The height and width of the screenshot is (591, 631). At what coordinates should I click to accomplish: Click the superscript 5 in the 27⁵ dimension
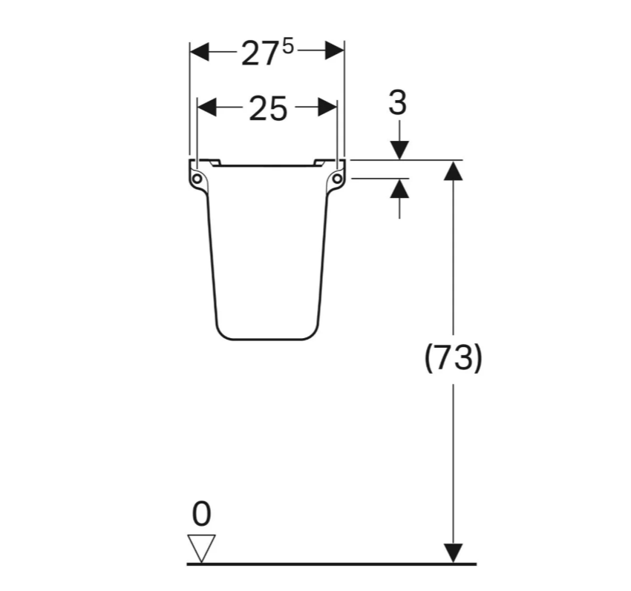point(288,47)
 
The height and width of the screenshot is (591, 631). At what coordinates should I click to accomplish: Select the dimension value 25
point(267,109)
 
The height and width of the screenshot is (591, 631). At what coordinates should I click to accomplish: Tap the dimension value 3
point(399,103)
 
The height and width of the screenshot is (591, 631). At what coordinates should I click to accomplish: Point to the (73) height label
point(453,358)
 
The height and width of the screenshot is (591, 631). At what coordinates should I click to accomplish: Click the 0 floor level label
point(201,513)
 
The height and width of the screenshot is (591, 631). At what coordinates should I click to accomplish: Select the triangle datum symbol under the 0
point(202,547)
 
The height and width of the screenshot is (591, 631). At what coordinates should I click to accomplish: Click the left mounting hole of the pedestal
point(197,179)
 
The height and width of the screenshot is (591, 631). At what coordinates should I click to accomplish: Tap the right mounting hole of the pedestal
point(337,179)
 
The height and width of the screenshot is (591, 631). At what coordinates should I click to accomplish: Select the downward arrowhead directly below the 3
point(399,150)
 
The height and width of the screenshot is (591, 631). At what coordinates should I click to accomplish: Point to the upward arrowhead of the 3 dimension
point(399,188)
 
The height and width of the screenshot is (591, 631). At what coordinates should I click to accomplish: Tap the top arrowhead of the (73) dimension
point(453,170)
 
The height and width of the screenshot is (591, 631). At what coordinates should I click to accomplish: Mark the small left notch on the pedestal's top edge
point(213,162)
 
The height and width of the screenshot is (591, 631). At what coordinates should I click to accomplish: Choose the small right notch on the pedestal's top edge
point(321,162)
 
